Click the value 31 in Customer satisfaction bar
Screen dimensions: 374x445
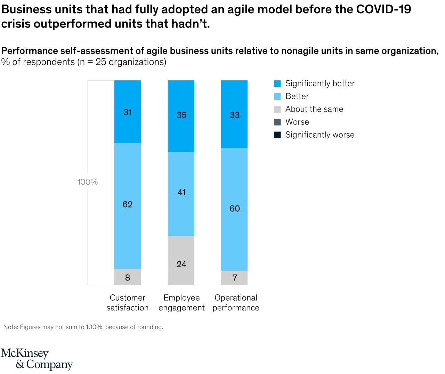[x=128, y=112]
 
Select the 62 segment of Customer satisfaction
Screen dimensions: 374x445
[x=128, y=204]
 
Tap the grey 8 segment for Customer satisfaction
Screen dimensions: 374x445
[x=128, y=277]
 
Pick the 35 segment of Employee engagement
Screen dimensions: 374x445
[x=181, y=115]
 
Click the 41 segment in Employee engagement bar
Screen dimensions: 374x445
[x=181, y=192]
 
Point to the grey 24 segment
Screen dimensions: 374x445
[x=181, y=264]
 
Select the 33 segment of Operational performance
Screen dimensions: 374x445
[x=235, y=115]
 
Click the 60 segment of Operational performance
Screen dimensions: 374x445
[x=235, y=209]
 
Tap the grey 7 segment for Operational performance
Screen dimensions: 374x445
[x=235, y=277]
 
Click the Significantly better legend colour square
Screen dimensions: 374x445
[x=277, y=84]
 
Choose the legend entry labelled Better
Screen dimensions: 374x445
[x=297, y=96]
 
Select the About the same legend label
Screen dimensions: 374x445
[x=314, y=109]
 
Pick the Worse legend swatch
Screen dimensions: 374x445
[x=277, y=122]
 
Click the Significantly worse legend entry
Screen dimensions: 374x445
[x=319, y=135]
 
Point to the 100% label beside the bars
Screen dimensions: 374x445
[x=88, y=182]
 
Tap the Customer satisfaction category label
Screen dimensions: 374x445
[x=128, y=303]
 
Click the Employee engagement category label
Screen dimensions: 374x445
[x=181, y=303]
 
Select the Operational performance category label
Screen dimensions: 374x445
[x=236, y=303]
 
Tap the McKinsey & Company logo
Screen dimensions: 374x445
[x=37, y=359]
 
